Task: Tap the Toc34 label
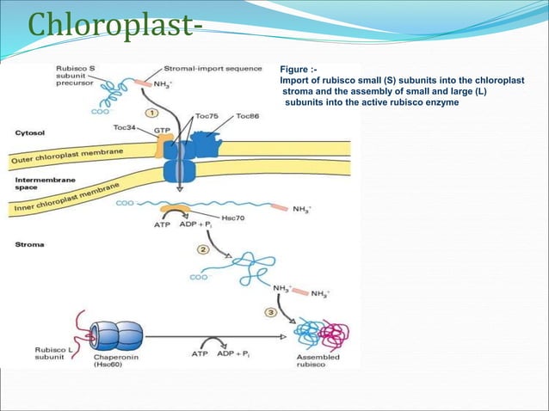[x=126, y=126]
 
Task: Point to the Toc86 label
[x=247, y=115]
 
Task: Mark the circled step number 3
[x=269, y=312]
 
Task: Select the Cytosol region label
[x=32, y=133]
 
